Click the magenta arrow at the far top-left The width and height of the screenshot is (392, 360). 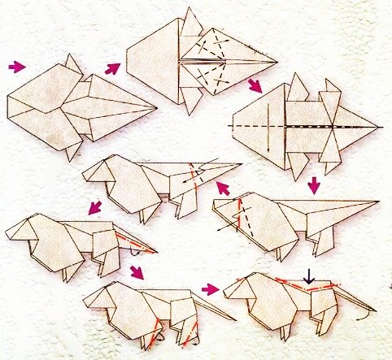[x=16, y=65]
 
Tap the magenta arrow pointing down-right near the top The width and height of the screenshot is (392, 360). [x=255, y=85]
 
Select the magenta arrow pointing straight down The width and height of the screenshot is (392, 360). [x=315, y=188]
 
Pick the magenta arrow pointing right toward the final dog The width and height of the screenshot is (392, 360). [x=211, y=288]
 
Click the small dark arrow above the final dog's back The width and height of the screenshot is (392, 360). [x=308, y=279]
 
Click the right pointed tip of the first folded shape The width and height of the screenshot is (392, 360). [x=155, y=107]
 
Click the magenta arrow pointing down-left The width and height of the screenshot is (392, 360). [x=95, y=208]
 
